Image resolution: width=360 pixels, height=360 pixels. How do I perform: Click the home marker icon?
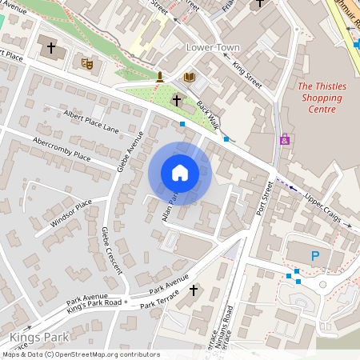coord(180,173)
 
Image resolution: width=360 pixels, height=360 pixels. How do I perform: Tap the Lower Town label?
coord(213,48)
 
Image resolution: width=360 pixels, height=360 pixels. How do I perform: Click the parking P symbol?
coord(314,256)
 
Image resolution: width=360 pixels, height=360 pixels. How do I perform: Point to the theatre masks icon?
coord(87,61)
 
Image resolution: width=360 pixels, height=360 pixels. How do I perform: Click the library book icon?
coord(189,78)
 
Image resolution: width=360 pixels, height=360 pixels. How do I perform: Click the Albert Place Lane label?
coord(90,122)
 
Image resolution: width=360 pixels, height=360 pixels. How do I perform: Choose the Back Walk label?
coord(208,118)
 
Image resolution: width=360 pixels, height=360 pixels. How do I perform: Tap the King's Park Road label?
coord(94,303)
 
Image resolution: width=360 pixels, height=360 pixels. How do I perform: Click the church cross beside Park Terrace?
coord(193,290)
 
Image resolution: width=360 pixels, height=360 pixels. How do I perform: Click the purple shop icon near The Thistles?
coord(285,138)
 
